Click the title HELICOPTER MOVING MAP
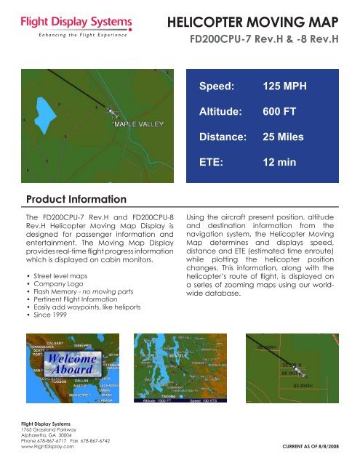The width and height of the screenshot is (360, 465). pyautogui.click(x=259, y=22)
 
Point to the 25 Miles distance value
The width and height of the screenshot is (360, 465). pyautogui.click(x=284, y=136)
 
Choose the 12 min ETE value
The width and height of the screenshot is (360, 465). pyautogui.click(x=279, y=161)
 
